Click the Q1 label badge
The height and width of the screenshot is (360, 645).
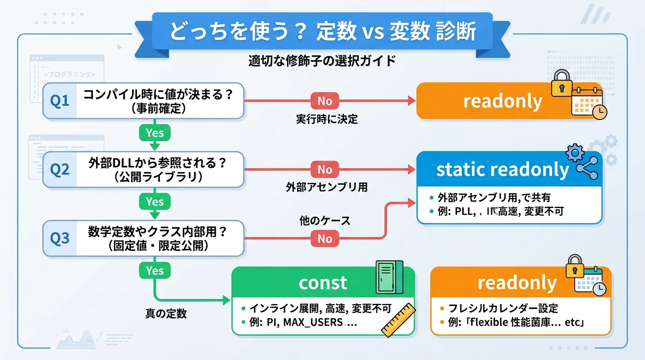pyautogui.click(x=60, y=101)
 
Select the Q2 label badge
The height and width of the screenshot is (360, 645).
pyautogui.click(x=60, y=170)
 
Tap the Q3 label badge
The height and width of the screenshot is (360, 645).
pyautogui.click(x=60, y=239)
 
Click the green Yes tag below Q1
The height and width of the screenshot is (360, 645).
pyautogui.click(x=154, y=133)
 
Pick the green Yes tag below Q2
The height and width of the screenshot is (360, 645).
pyautogui.click(x=154, y=202)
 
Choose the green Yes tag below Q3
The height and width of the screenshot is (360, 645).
pyautogui.click(x=154, y=270)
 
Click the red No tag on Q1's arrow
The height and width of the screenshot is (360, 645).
pyautogui.click(x=324, y=101)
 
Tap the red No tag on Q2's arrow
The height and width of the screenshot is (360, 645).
pyautogui.click(x=324, y=170)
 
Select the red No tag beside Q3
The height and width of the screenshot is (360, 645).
pyautogui.click(x=324, y=239)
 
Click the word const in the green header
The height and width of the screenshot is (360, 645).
pyautogui.click(x=323, y=283)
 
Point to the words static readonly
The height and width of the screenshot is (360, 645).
pyautogui.click(x=502, y=170)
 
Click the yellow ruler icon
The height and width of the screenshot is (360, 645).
pyautogui.click(x=398, y=320)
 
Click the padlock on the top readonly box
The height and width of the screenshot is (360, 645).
pyautogui.click(x=561, y=84)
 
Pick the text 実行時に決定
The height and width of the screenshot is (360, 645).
pyautogui.click(x=327, y=119)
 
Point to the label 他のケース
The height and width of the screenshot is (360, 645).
pyautogui.click(x=325, y=220)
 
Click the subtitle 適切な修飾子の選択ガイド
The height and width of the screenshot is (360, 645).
pyautogui.click(x=322, y=61)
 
